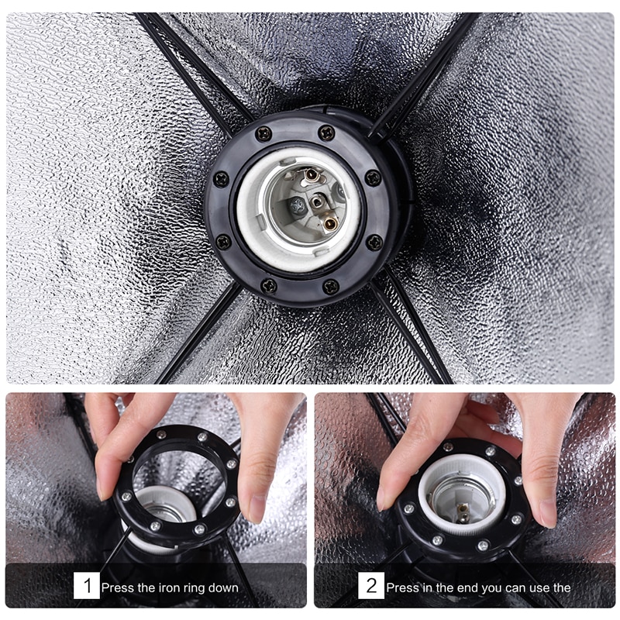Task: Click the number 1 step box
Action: pyautogui.click(x=86, y=586)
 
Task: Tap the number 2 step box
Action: pyautogui.click(x=371, y=586)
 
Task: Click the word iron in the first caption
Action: pyautogui.click(x=169, y=588)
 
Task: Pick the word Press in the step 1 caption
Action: pyautogui.click(x=118, y=588)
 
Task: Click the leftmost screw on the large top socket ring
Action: pyautogui.click(x=221, y=179)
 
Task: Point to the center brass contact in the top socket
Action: pyautogui.click(x=317, y=202)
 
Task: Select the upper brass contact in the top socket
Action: pyautogui.click(x=312, y=174)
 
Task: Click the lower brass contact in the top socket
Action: pyautogui.click(x=331, y=224)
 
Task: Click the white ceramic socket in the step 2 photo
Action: pyautogui.click(x=462, y=488)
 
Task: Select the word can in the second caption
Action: pyautogui.click(x=518, y=589)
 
